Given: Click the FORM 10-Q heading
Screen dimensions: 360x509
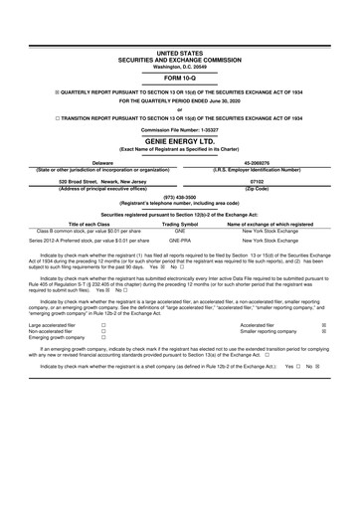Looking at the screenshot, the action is (180, 76).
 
